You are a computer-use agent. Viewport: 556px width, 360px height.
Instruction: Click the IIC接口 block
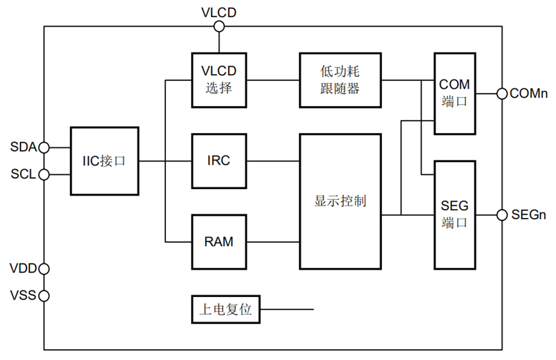[104, 161]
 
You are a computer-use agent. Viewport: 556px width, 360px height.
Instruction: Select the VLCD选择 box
[219, 80]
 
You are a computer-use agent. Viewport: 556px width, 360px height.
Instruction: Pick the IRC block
[219, 161]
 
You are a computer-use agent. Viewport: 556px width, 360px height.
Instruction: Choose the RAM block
[219, 242]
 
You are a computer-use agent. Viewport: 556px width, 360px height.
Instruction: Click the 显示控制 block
[340, 201]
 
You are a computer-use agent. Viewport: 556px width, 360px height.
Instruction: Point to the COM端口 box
[454, 93]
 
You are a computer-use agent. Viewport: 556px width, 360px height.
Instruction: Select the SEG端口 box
[454, 214]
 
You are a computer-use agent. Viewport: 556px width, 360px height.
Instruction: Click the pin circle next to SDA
[44, 147]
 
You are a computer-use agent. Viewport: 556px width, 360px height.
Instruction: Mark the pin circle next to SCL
[44, 174]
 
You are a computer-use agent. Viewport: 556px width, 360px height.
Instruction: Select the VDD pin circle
[44, 268]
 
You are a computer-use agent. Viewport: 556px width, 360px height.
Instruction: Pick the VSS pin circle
[44, 296]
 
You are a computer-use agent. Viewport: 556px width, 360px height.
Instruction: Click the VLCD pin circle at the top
[219, 26]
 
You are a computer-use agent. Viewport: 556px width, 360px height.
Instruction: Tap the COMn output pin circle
[501, 94]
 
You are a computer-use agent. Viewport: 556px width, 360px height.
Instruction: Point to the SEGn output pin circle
[501, 215]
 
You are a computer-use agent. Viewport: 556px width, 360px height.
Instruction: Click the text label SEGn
[529, 215]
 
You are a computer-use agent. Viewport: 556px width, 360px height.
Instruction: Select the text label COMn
[528, 94]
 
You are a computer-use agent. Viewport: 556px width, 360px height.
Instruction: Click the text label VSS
[22, 296]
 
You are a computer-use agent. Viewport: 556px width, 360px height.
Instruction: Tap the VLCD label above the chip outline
[219, 12]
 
